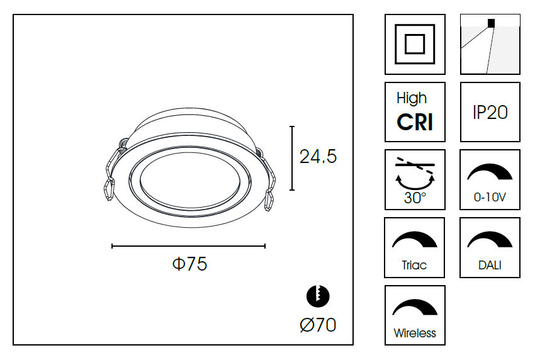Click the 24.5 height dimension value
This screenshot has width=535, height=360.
pos(318,157)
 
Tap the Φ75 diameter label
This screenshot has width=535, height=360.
pos(189,264)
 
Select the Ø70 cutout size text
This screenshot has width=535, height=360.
pos(318,325)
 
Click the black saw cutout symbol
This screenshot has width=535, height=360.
pos(318,296)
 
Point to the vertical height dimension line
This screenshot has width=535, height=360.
pos(292,158)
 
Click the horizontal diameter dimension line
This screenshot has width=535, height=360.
pos(189,246)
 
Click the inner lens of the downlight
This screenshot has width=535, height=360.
pos(189,181)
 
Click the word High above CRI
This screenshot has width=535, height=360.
pos(412,99)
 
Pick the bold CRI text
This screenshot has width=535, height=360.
pos(415,122)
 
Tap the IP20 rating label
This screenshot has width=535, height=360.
pos(490,112)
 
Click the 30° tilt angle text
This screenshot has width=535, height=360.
pos(415,198)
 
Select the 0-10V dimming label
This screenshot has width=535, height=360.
pos(490,197)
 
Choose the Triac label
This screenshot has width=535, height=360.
pos(414,265)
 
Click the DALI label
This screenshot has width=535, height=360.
pos(490,265)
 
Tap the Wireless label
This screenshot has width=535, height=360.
pos(415,333)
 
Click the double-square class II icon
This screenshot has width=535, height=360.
pos(415,44)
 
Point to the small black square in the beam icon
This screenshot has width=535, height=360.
pos(491,23)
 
